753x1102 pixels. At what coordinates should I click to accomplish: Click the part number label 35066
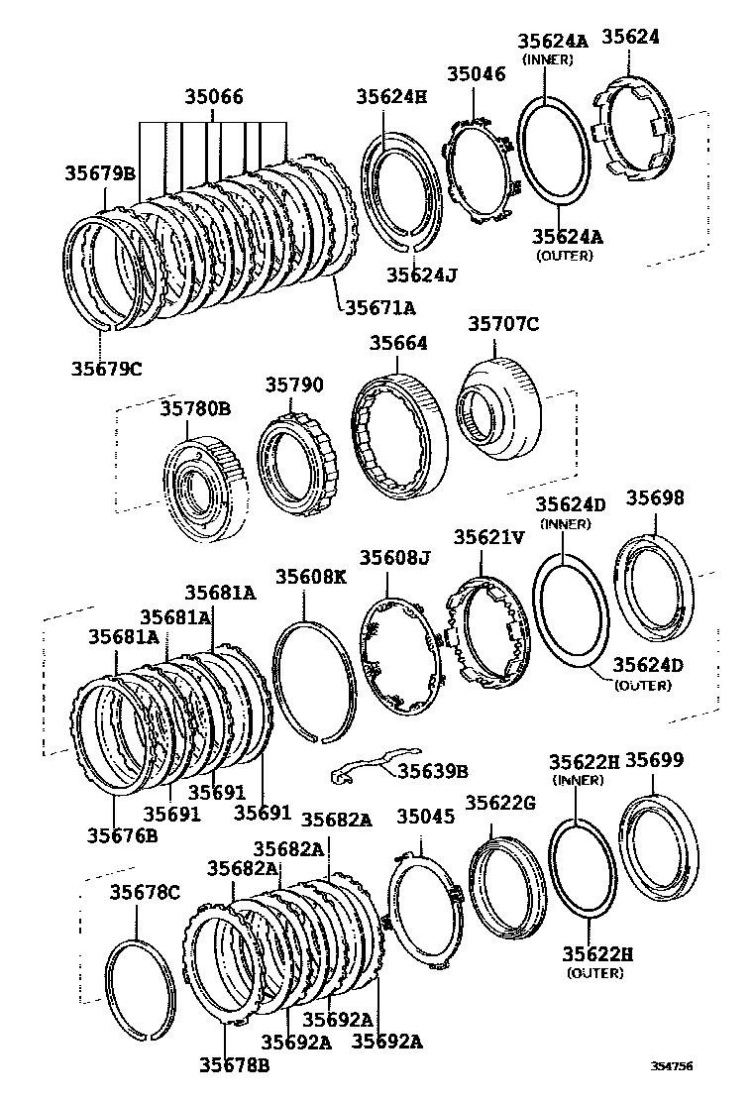tap(213, 97)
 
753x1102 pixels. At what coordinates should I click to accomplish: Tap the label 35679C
tap(106, 369)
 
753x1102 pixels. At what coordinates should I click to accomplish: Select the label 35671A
tap(381, 306)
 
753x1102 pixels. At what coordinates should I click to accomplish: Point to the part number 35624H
tap(392, 96)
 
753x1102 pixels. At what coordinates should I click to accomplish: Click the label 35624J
tap(422, 274)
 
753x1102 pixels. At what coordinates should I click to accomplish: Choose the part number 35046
tap(476, 73)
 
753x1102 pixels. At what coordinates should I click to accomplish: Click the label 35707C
tap(503, 323)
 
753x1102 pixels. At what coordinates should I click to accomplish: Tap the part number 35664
tap(399, 343)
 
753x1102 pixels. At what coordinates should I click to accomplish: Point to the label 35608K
tap(310, 577)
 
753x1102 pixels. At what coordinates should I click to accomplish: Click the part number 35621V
tap(489, 537)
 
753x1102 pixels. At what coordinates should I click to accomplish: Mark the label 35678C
tap(144, 892)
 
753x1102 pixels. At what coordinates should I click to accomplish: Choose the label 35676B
tap(123, 834)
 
